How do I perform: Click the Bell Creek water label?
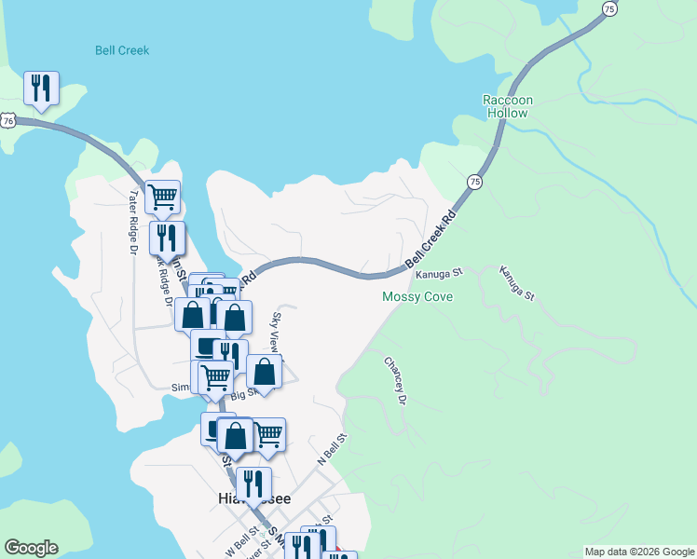(122, 50)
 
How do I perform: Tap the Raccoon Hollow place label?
(507, 106)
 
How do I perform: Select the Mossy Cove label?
(417, 297)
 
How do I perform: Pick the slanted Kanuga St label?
(517, 283)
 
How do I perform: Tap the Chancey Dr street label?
(396, 380)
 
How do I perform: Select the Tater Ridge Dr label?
(133, 223)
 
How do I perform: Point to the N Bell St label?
(332, 450)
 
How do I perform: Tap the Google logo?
(31, 548)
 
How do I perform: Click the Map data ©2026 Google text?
(638, 552)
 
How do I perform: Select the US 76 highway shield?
(8, 120)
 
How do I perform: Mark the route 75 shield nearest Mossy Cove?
(475, 181)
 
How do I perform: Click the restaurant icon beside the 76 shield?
(41, 88)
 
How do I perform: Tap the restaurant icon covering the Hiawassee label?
(253, 484)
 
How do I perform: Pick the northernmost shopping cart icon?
(163, 196)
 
